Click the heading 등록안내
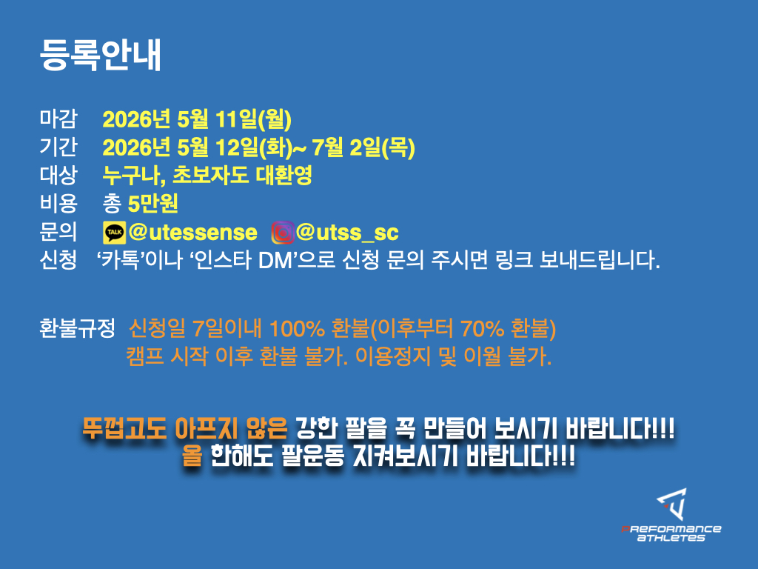click(x=100, y=55)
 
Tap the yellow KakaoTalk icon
click(x=115, y=233)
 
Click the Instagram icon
click(x=283, y=233)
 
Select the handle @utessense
click(x=193, y=233)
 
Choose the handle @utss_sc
click(x=347, y=233)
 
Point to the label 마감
click(x=58, y=119)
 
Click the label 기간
click(x=58, y=147)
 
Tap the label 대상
click(x=58, y=175)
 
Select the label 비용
click(x=58, y=203)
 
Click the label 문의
click(x=58, y=231)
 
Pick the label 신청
click(x=58, y=260)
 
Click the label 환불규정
click(x=77, y=328)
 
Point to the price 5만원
click(x=152, y=204)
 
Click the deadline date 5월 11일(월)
click(x=235, y=119)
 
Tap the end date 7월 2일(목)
click(x=363, y=147)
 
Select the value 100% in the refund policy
click(x=297, y=329)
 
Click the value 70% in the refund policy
click(x=483, y=329)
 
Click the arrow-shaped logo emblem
click(x=672, y=504)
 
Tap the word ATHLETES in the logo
click(x=671, y=538)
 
